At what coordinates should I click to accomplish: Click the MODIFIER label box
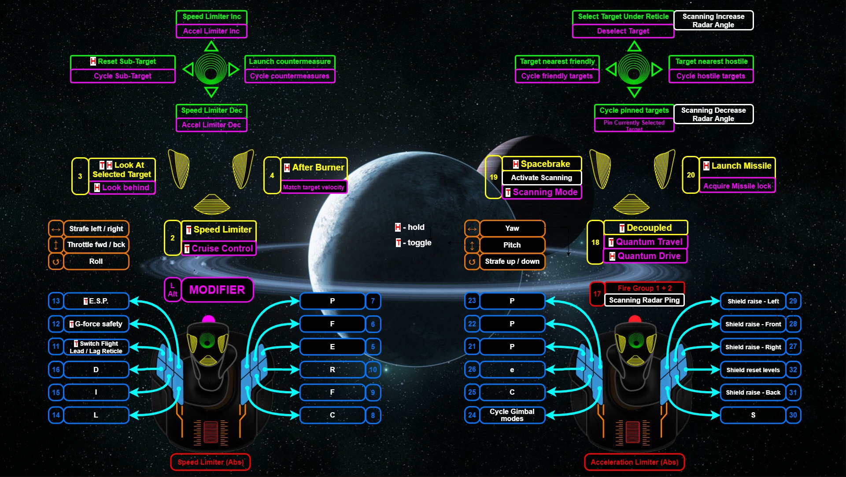217,290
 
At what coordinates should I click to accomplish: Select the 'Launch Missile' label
738,166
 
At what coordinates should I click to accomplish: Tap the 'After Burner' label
314,168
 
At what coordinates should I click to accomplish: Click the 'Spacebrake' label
542,164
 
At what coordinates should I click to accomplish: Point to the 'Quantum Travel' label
646,242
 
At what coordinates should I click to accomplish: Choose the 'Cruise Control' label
219,248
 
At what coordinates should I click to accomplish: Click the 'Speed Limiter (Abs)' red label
211,462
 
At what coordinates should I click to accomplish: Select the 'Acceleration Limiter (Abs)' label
634,462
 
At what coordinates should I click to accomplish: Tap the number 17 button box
597,294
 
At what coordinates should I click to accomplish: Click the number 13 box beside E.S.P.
56,301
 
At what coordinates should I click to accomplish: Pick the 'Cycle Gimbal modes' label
512,415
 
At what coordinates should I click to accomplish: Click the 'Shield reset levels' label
753,370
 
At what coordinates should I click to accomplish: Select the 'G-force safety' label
96,324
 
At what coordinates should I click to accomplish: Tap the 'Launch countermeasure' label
290,62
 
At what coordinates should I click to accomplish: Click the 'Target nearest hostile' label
711,62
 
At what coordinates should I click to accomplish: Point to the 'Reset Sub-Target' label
123,62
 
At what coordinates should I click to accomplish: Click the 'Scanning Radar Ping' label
644,300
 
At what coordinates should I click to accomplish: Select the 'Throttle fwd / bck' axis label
96,245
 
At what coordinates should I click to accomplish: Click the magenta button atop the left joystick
208,319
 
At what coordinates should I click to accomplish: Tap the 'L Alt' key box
172,290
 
